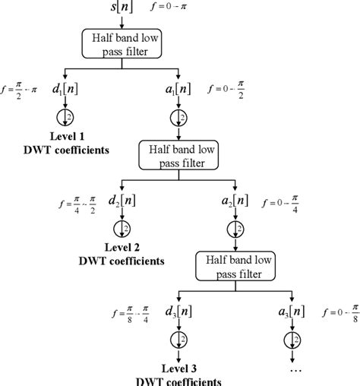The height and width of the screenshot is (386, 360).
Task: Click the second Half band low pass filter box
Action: point(177,157)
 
